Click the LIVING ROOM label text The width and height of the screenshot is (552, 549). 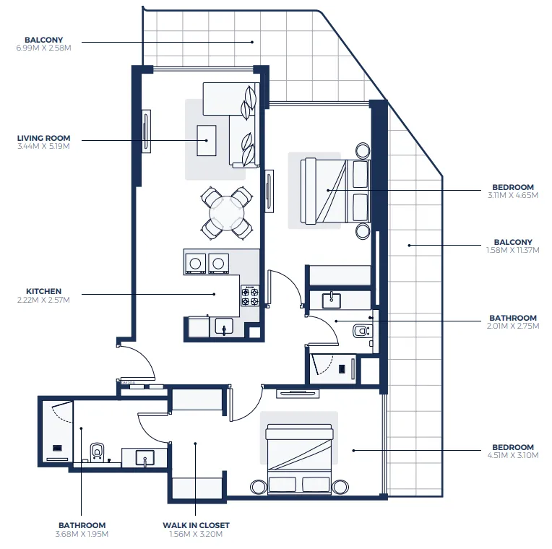click(x=43, y=138)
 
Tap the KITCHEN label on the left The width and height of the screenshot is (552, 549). click(x=44, y=291)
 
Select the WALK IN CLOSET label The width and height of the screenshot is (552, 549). click(x=194, y=525)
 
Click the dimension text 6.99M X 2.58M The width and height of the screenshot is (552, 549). click(x=43, y=48)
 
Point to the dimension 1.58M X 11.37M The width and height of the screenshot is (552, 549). click(x=513, y=250)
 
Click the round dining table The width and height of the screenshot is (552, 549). click(x=227, y=212)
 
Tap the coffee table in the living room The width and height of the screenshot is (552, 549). click(x=207, y=140)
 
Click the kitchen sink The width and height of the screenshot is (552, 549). click(x=224, y=327)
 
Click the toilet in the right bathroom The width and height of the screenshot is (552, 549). click(x=361, y=331)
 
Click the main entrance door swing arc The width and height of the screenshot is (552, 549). click(x=139, y=360)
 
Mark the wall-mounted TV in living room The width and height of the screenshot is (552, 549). click(x=147, y=131)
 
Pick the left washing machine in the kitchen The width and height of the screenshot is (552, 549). click(x=195, y=263)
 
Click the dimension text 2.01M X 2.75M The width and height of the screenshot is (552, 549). click(x=513, y=326)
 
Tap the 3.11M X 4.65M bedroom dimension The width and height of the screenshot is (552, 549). click(x=513, y=194)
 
